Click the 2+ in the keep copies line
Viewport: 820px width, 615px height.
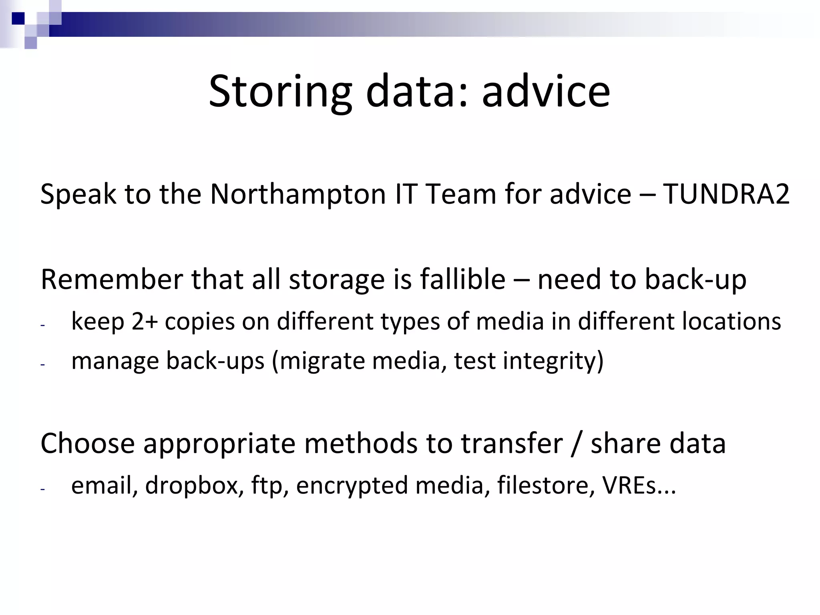[x=144, y=322]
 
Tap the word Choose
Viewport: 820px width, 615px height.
[x=88, y=444]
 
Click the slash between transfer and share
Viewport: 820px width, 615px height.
[x=577, y=444]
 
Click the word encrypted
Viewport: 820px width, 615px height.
[x=351, y=485]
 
